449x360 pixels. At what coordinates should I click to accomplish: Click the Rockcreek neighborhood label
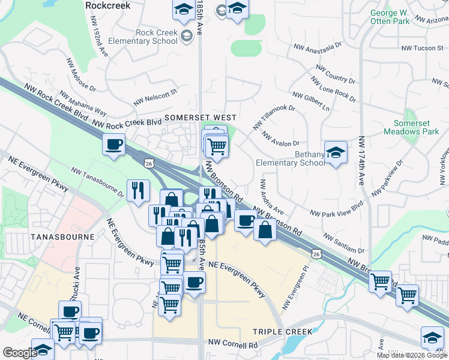coord(108,5)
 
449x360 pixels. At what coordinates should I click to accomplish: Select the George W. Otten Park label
coord(390,17)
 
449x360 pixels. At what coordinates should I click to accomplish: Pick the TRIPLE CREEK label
coord(282,332)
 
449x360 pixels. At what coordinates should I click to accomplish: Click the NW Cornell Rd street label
coord(232,345)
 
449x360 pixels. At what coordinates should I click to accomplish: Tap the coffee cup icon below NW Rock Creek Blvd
coord(113,144)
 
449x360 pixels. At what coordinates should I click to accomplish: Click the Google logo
coord(20,353)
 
